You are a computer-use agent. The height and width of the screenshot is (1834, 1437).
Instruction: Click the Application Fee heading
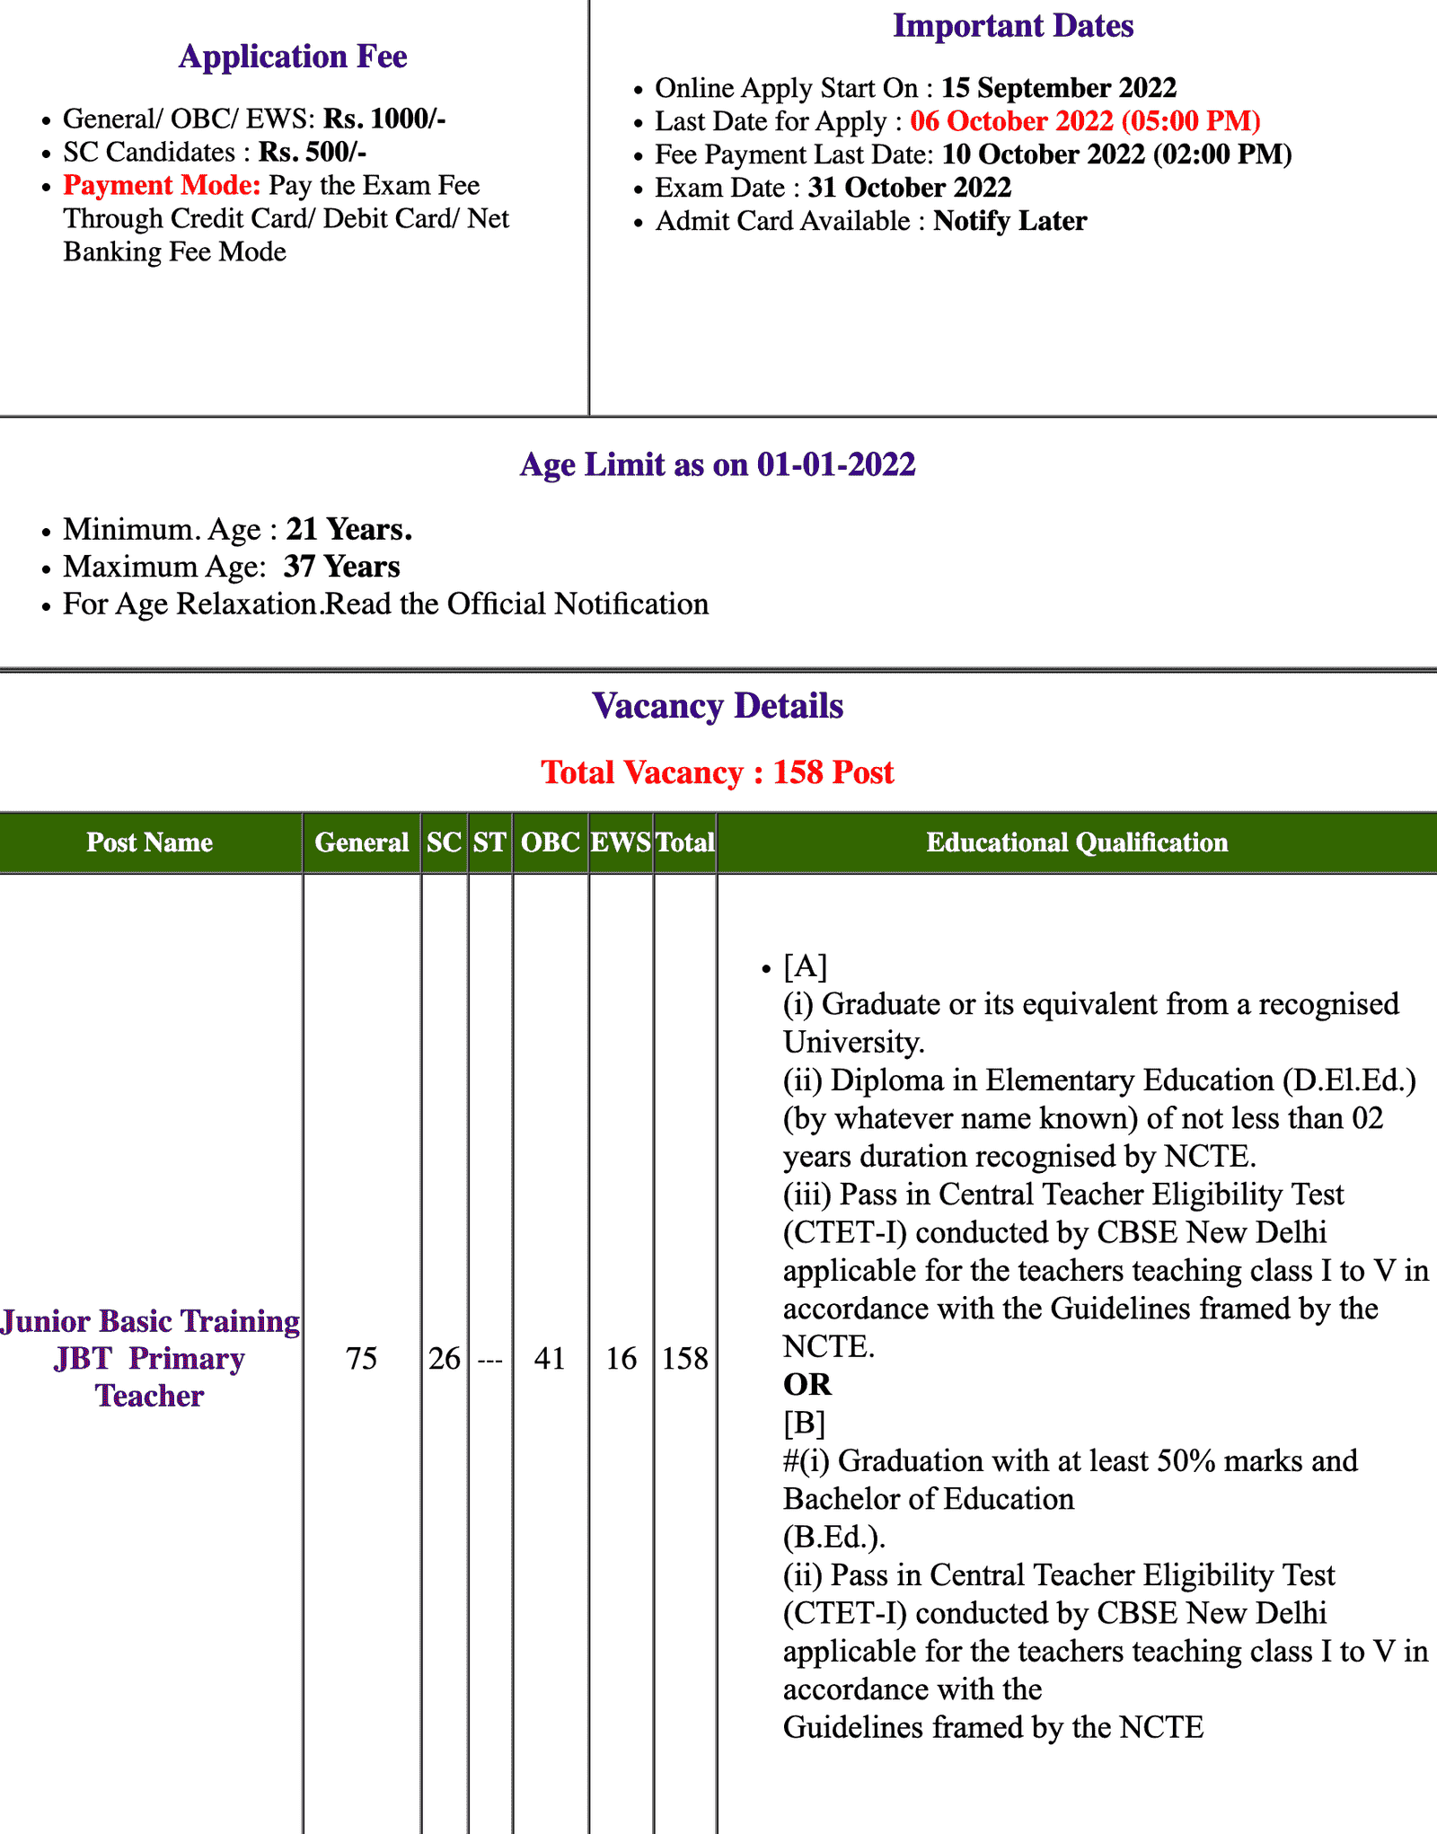point(293,57)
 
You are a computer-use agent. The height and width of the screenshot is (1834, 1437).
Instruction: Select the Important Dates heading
point(1012,26)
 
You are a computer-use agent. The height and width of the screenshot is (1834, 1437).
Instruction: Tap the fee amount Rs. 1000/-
point(384,119)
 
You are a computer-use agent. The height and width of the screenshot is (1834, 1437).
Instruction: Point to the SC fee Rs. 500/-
point(312,152)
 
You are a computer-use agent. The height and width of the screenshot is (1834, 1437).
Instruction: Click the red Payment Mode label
point(162,185)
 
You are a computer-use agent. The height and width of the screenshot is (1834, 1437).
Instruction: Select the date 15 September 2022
point(1058,88)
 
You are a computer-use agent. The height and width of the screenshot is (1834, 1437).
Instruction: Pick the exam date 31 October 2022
point(909,188)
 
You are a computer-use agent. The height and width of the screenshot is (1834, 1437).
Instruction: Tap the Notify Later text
point(1009,221)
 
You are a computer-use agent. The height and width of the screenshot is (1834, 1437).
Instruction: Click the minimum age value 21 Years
point(348,530)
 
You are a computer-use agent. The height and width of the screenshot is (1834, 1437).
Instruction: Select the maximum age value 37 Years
point(341,567)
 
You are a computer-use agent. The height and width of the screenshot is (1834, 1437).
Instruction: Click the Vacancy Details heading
point(718,706)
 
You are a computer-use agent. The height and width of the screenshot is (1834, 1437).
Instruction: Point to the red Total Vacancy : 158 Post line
point(718,772)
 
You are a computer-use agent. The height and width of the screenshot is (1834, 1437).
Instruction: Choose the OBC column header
point(550,842)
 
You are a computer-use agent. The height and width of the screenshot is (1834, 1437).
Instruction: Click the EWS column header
point(621,842)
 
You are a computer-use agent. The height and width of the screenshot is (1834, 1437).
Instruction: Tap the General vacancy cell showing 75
point(361,1358)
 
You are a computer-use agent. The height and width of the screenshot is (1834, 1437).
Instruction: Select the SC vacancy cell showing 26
point(444,1358)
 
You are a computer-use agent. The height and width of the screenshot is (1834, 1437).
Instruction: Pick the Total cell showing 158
point(684,1358)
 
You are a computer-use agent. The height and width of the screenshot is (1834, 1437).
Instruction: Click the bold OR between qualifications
point(807,1385)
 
